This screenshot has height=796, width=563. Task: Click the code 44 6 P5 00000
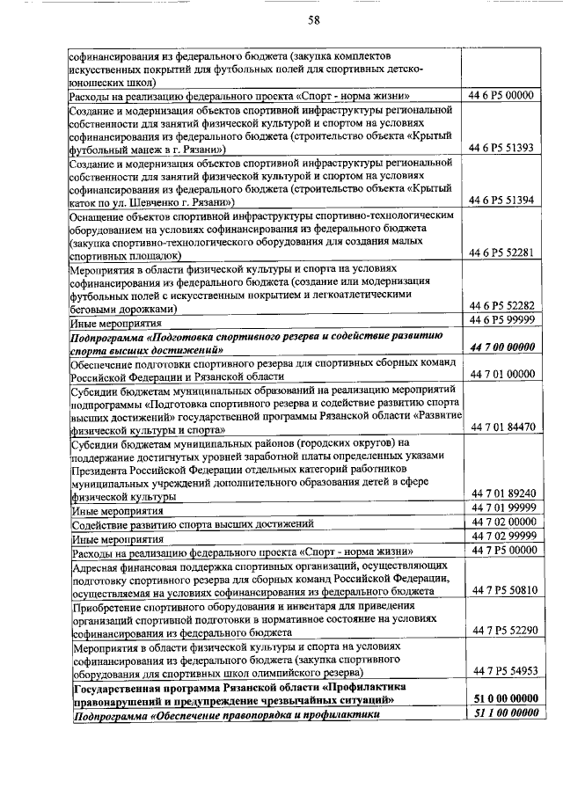(x=502, y=95)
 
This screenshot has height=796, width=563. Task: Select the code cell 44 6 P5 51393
(x=502, y=148)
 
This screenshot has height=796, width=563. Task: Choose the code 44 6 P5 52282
(x=502, y=306)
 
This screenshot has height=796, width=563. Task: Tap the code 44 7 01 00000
(x=502, y=374)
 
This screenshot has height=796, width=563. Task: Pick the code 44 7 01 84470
(x=502, y=427)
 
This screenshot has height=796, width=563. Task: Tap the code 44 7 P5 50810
(x=502, y=589)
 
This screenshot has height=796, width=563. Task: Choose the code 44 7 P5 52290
(x=502, y=630)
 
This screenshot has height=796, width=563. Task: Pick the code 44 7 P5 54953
(x=502, y=671)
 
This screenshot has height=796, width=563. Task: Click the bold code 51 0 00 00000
(x=502, y=698)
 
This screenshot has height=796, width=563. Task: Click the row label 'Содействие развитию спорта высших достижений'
(x=194, y=523)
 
